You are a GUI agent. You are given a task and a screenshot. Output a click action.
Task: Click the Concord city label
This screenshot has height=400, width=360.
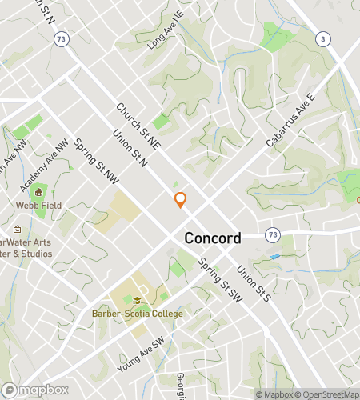[x=213, y=238]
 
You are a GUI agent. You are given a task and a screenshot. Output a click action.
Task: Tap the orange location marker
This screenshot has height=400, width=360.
[x=181, y=200]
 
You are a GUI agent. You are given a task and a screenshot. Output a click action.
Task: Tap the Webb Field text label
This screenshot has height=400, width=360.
[x=38, y=205]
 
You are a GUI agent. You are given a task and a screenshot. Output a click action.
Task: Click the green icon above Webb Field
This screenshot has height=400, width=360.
[x=38, y=192]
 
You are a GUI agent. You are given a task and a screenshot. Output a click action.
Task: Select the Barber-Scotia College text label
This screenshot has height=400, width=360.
[x=137, y=313]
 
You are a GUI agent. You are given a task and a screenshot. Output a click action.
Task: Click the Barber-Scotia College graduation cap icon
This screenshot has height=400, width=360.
[x=137, y=301]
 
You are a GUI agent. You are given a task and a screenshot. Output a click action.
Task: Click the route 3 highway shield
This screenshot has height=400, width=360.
[x=322, y=39]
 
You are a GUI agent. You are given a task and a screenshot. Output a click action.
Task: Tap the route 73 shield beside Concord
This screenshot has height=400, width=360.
[x=274, y=234]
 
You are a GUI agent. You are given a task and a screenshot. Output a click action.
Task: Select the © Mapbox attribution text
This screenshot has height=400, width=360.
[x=273, y=394]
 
